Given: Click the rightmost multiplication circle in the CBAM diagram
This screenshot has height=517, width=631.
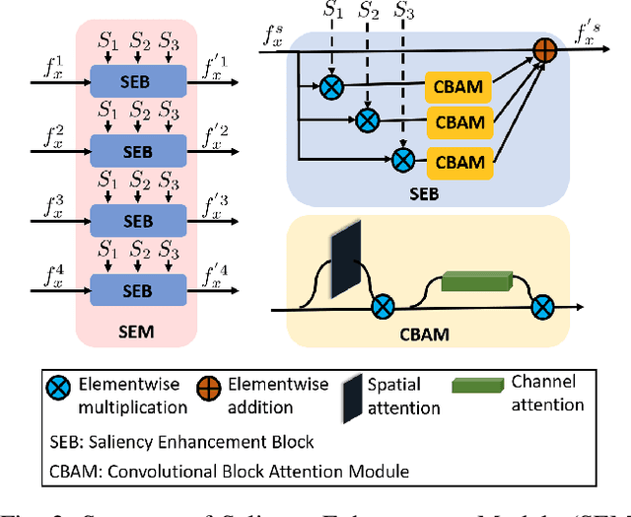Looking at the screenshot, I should (541, 307).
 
